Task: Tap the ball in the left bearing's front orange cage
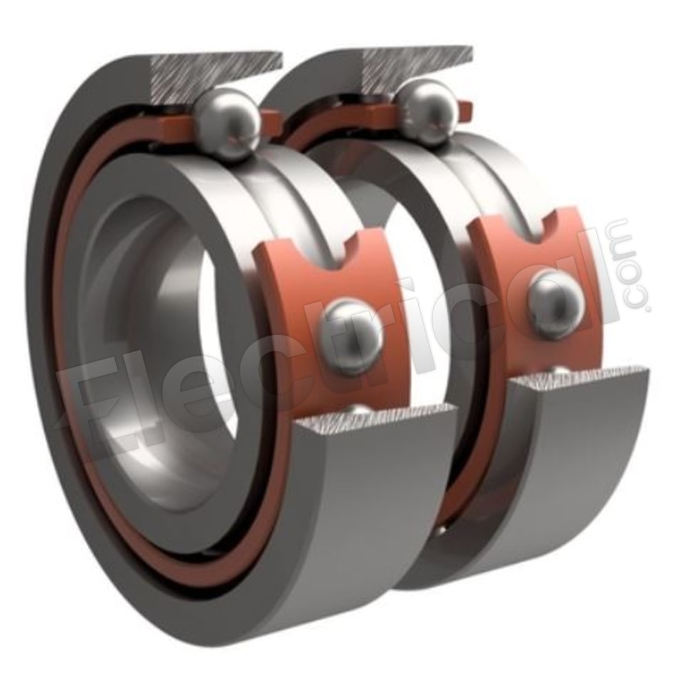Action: [x=353, y=336]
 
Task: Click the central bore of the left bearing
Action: [x=172, y=358]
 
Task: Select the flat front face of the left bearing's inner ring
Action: [x=227, y=227]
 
